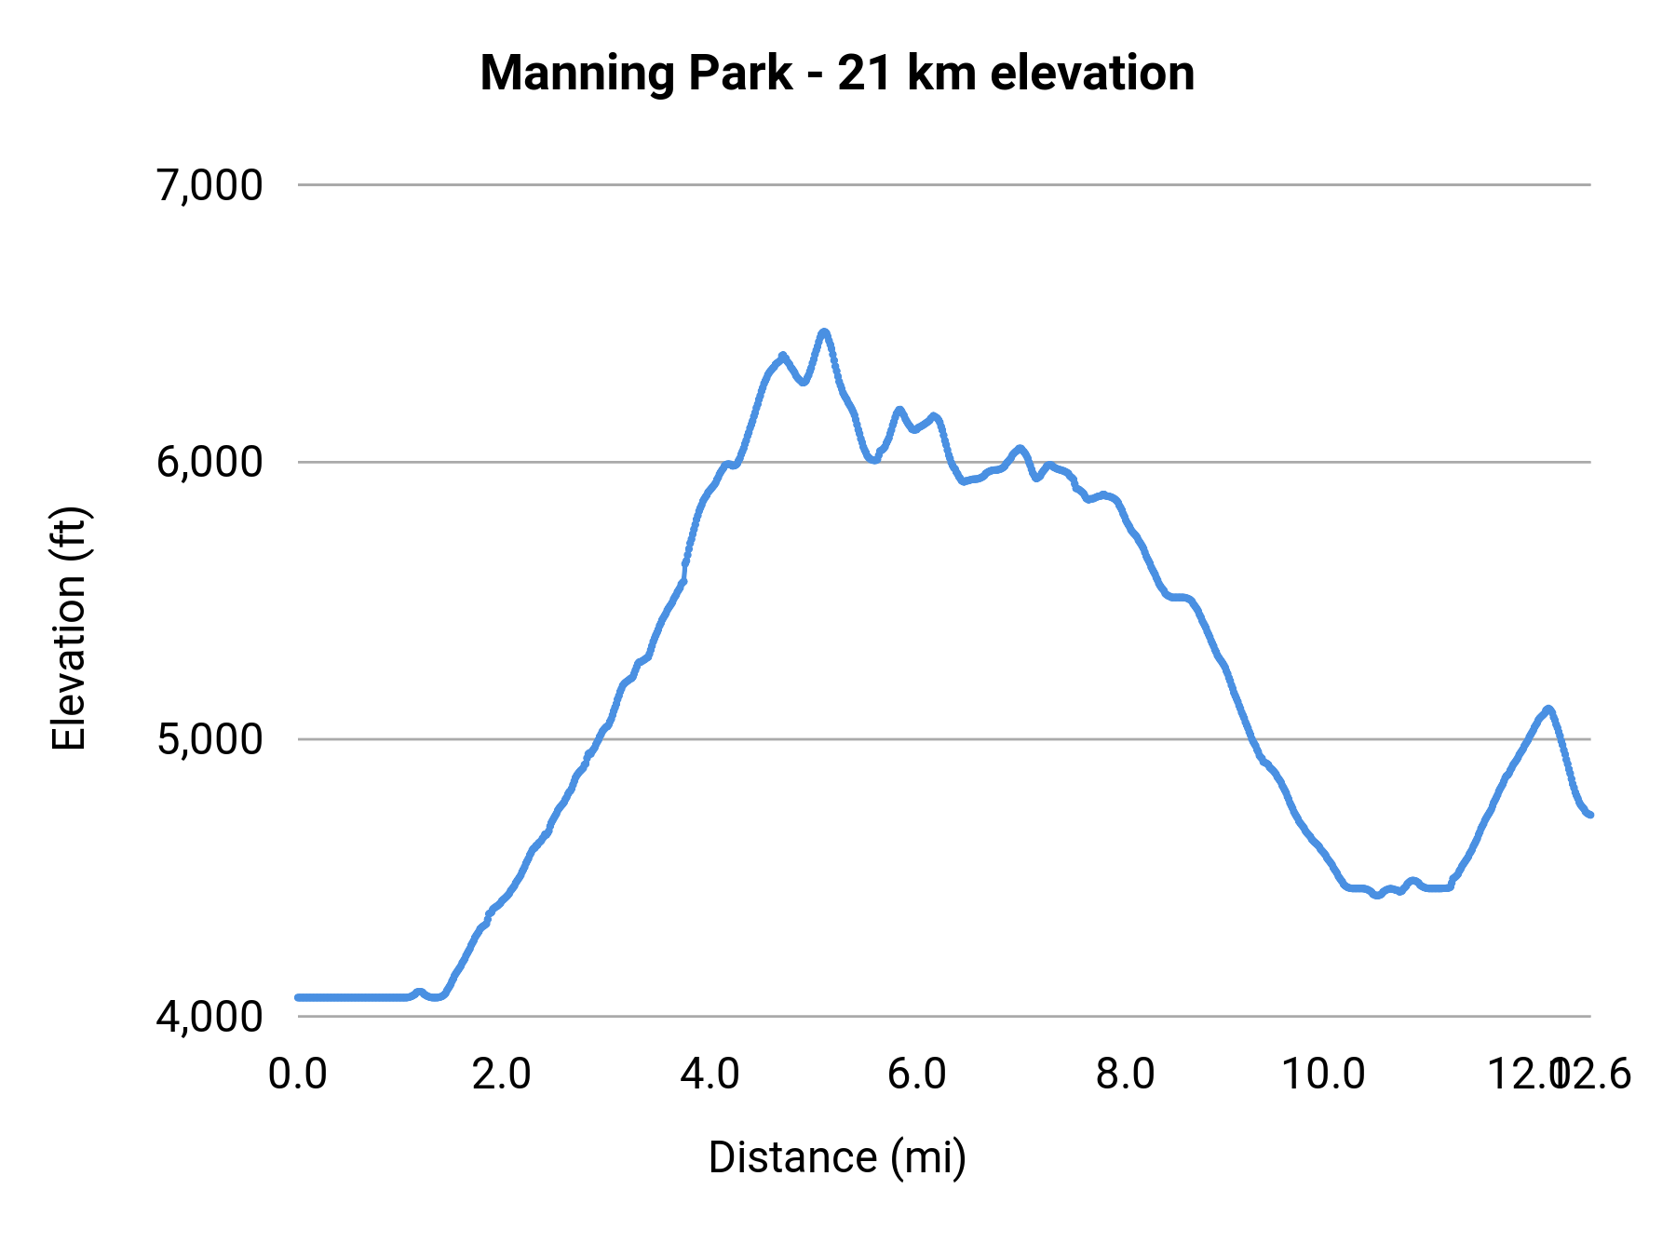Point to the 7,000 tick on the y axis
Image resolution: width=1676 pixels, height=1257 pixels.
tap(209, 185)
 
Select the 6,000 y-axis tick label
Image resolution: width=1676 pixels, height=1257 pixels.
tap(209, 462)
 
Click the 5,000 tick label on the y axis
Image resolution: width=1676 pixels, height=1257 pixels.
tap(209, 739)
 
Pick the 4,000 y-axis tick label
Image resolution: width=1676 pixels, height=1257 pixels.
tap(209, 1016)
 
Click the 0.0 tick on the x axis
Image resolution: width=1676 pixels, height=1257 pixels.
tap(298, 1075)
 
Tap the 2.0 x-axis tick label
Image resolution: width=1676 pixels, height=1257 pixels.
tap(502, 1075)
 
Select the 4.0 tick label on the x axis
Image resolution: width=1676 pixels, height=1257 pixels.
tap(710, 1075)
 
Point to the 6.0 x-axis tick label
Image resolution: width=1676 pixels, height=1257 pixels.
tap(917, 1075)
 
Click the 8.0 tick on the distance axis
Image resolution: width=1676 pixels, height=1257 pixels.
tap(1125, 1075)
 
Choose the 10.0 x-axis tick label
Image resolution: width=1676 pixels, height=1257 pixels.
tap(1324, 1075)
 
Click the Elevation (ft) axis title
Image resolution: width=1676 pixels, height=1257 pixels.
tap(69, 629)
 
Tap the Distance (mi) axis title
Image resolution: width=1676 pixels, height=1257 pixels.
tap(837, 1157)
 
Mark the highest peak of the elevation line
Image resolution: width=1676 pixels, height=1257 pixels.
tap(823, 332)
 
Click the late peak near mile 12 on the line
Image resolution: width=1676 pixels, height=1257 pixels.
tap(1548, 710)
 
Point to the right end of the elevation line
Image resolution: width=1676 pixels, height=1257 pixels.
tap(1590, 815)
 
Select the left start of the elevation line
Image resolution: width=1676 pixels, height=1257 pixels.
tap(299, 997)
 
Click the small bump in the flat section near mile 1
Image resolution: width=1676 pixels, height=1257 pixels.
tap(419, 992)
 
